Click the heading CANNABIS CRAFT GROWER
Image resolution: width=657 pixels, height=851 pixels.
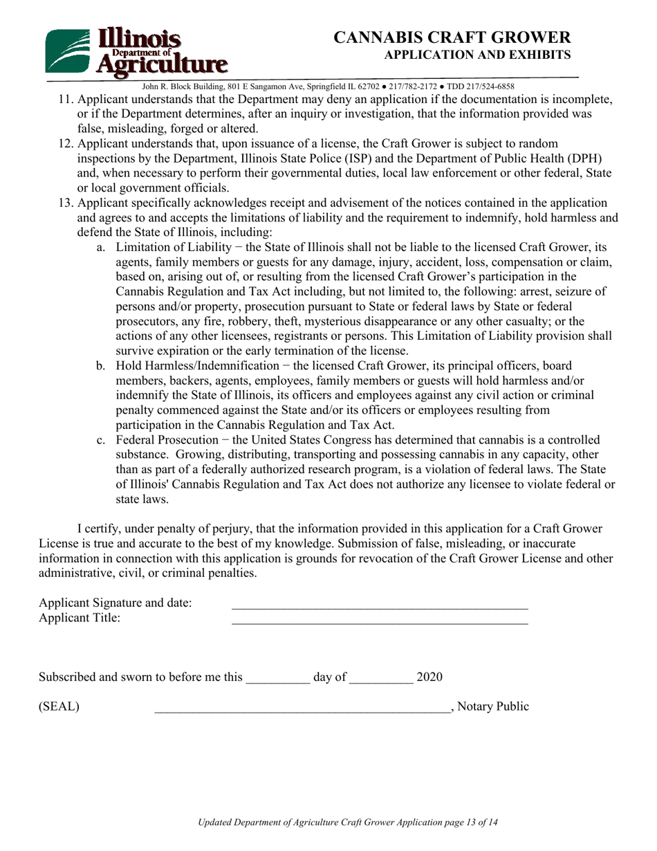tap(452, 37)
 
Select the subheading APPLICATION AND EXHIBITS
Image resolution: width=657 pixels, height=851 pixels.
tap(477, 55)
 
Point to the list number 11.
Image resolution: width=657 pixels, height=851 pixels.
tap(65, 99)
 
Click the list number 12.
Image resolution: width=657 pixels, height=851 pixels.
tap(65, 144)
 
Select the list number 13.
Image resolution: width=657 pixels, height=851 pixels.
tap(65, 203)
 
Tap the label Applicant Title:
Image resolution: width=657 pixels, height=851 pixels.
tap(80, 619)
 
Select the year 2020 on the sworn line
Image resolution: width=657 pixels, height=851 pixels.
tap(429, 677)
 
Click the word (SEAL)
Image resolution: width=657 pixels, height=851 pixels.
tap(59, 707)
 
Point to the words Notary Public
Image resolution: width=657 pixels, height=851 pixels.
tap(494, 707)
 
